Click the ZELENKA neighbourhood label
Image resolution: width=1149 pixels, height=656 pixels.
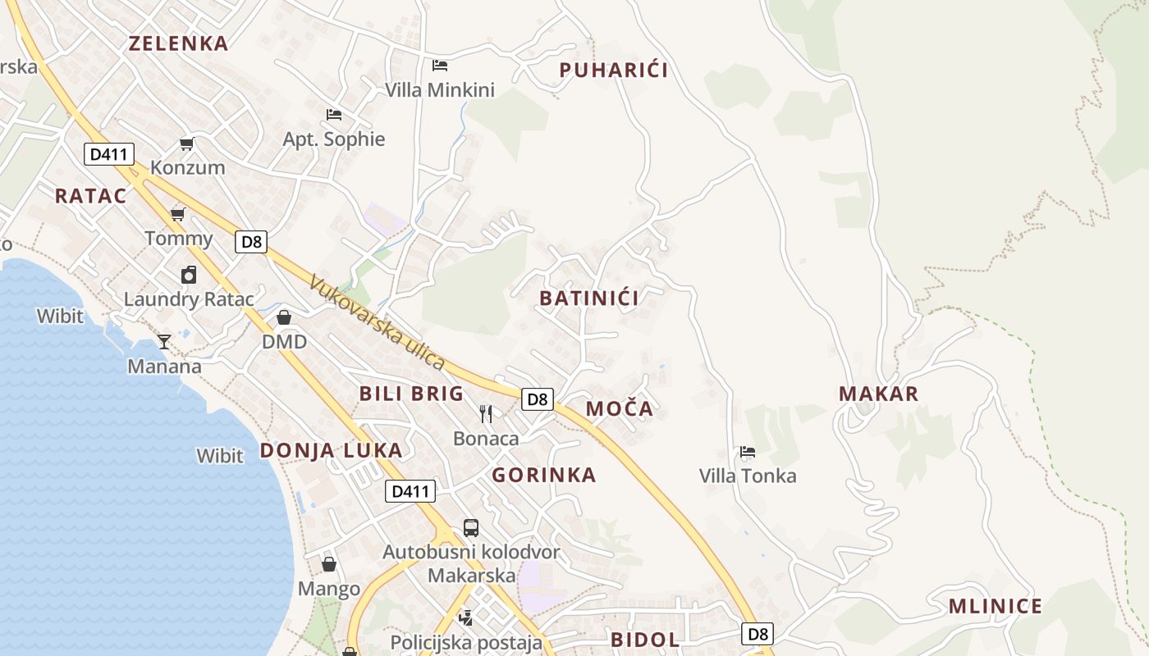pyautogui.click(x=178, y=43)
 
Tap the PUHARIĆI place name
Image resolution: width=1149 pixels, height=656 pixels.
pyautogui.click(x=613, y=71)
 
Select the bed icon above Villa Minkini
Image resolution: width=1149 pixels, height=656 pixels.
pyautogui.click(x=440, y=65)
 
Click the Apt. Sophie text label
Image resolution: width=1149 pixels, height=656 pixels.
pyautogui.click(x=334, y=139)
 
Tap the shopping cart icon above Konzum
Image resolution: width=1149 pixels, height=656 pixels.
pyautogui.click(x=187, y=144)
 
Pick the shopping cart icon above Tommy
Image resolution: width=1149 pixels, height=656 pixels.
pyautogui.click(x=178, y=215)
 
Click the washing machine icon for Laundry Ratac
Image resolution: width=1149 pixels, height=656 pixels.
pyautogui.click(x=189, y=275)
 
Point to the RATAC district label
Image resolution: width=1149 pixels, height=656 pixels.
pyautogui.click(x=91, y=196)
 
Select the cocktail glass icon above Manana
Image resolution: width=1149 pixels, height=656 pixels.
pyautogui.click(x=164, y=341)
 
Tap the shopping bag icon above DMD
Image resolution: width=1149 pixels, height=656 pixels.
pyautogui.click(x=284, y=317)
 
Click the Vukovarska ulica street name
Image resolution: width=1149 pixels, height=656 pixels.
pyautogui.click(x=377, y=322)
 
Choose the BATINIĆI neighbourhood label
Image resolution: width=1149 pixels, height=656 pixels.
pyautogui.click(x=588, y=298)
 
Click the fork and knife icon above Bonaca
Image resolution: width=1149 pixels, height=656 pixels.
pyautogui.click(x=486, y=413)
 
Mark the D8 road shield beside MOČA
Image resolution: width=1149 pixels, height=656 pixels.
pyautogui.click(x=537, y=399)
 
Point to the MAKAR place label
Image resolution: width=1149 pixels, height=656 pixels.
pyautogui.click(x=878, y=394)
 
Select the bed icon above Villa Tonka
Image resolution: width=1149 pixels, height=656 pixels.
pyautogui.click(x=747, y=452)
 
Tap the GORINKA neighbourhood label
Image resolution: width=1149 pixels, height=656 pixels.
pyautogui.click(x=543, y=476)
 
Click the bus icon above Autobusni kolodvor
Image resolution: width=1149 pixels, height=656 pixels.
pyautogui.click(x=471, y=527)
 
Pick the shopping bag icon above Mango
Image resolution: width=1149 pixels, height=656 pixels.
pyautogui.click(x=329, y=564)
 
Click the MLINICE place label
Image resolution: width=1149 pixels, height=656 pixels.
pyautogui.click(x=995, y=607)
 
